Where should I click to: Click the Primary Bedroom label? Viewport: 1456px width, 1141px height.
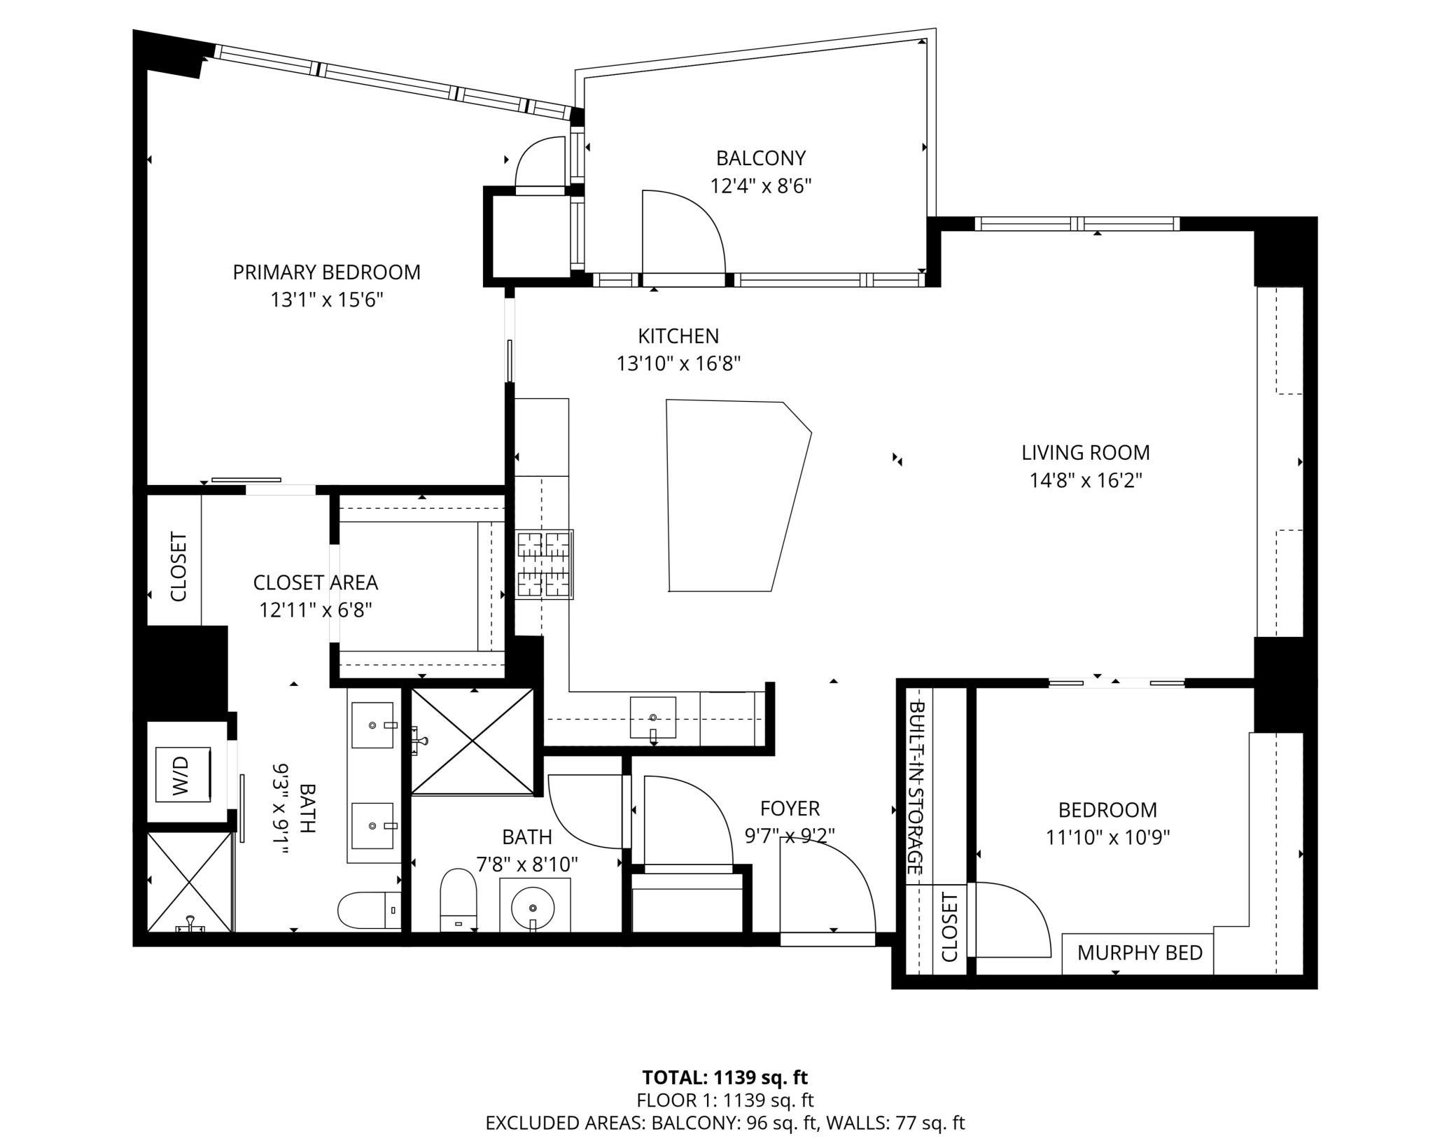click(326, 272)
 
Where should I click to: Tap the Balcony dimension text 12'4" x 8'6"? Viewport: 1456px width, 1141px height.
click(760, 186)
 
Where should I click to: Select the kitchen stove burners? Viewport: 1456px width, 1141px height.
click(545, 564)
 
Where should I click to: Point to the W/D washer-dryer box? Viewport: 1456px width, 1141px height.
click(183, 774)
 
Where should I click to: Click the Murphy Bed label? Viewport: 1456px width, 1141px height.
click(1139, 953)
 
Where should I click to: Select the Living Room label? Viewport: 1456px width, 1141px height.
click(1085, 452)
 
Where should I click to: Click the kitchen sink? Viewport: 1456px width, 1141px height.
click(652, 717)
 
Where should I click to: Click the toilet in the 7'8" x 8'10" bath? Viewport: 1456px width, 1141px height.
click(458, 899)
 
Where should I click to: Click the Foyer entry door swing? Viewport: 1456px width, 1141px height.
click(833, 882)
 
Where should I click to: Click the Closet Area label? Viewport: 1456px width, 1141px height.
click(315, 582)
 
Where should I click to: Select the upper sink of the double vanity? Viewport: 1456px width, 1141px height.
click(372, 725)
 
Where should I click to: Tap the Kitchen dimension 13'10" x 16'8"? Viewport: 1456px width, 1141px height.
click(678, 364)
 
